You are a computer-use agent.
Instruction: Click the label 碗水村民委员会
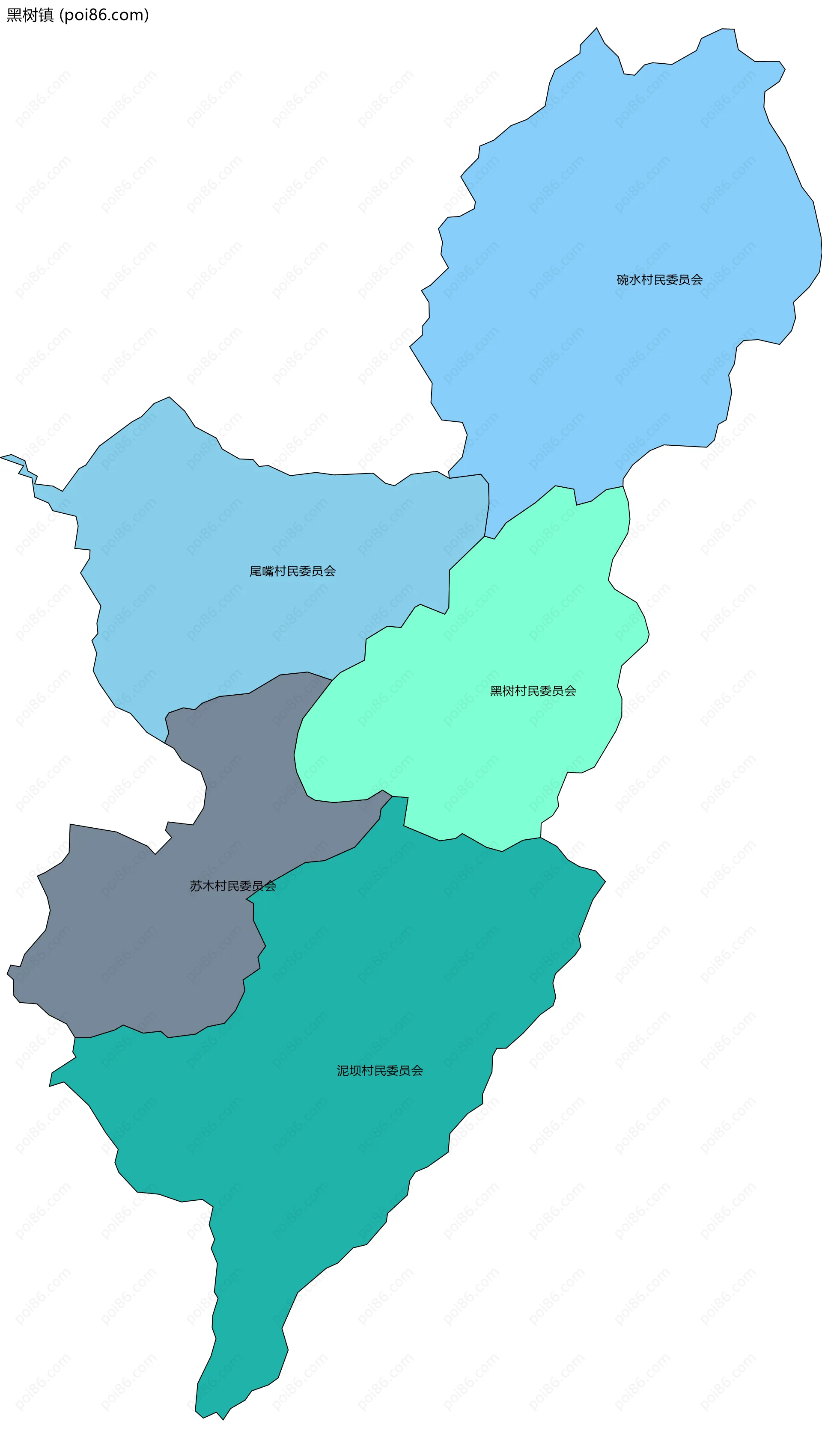659,280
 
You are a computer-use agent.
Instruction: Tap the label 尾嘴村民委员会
292,572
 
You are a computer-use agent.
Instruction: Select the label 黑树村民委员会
533,691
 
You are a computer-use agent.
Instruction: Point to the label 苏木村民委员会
232,886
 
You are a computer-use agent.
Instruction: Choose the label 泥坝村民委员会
380,1071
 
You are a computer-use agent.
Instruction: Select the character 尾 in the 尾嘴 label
256,572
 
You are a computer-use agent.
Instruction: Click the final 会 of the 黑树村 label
570,691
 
